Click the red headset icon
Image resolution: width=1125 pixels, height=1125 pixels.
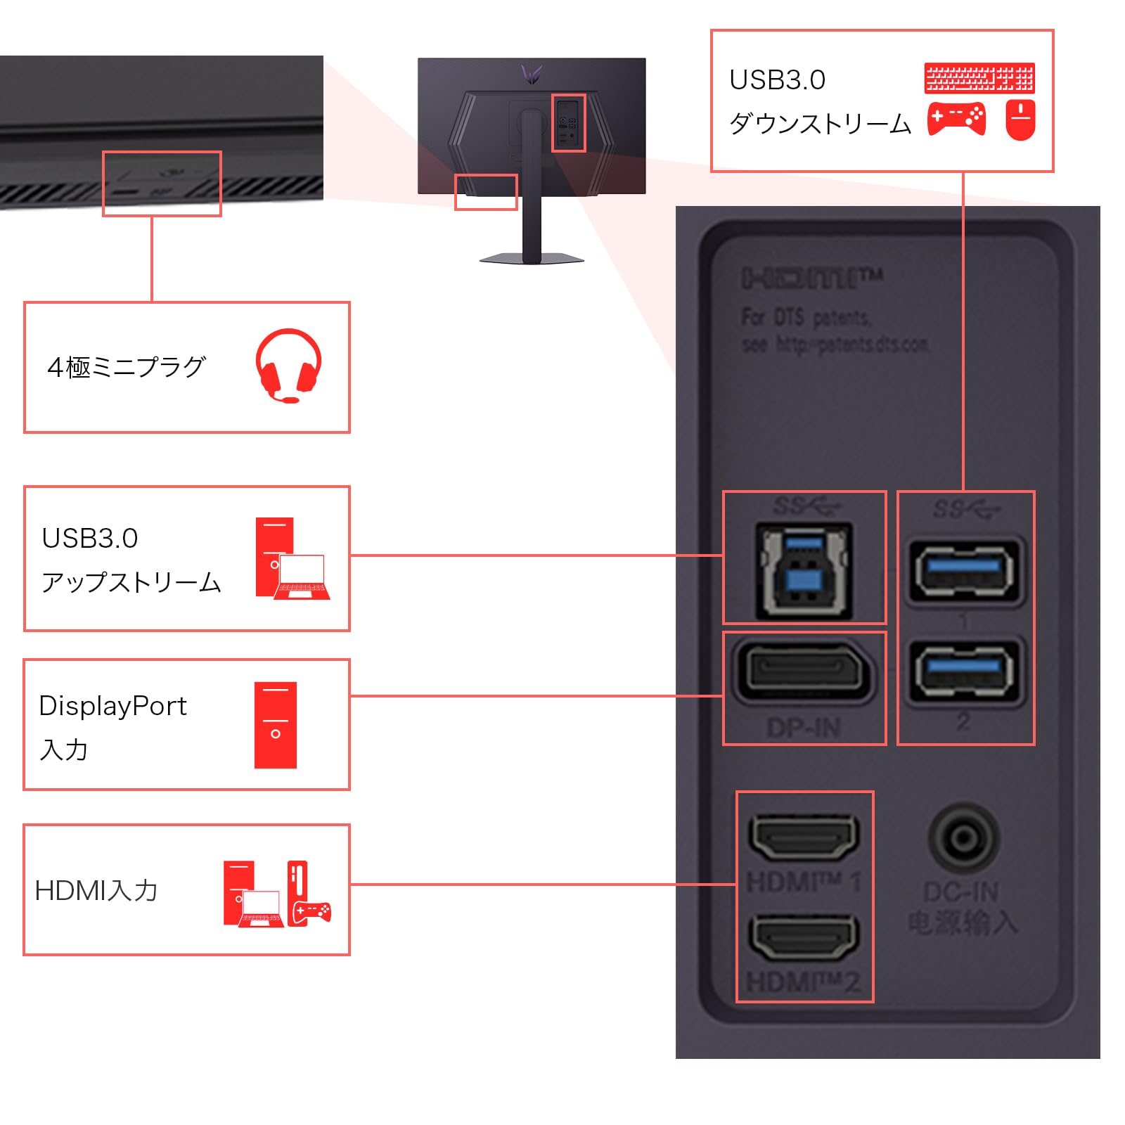tap(288, 365)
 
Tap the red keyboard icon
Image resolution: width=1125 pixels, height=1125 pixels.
tap(979, 78)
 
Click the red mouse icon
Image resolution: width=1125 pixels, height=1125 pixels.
tap(1020, 120)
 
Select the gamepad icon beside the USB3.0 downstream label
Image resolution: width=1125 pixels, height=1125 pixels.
tap(956, 119)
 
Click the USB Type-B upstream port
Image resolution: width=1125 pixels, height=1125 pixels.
tap(804, 570)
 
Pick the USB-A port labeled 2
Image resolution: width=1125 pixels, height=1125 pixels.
tap(964, 671)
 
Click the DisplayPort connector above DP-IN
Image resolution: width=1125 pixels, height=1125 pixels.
tap(804, 670)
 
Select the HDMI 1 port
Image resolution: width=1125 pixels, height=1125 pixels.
tap(804, 837)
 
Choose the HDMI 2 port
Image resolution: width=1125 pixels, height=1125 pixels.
tap(804, 937)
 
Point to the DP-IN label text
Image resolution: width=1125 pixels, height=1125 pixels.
tap(804, 728)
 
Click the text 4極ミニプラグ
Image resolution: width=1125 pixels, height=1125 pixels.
tap(127, 367)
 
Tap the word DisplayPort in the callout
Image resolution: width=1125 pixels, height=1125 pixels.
tap(112, 706)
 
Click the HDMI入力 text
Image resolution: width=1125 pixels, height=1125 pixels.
tap(96, 891)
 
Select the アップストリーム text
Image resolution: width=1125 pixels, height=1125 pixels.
tap(131, 582)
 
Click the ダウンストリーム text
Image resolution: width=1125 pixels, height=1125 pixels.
tap(820, 124)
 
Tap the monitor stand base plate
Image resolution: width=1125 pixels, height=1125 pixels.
tap(532, 259)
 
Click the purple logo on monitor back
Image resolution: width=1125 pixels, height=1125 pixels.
tap(532, 73)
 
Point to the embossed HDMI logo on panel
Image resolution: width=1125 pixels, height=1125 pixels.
tap(811, 278)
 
